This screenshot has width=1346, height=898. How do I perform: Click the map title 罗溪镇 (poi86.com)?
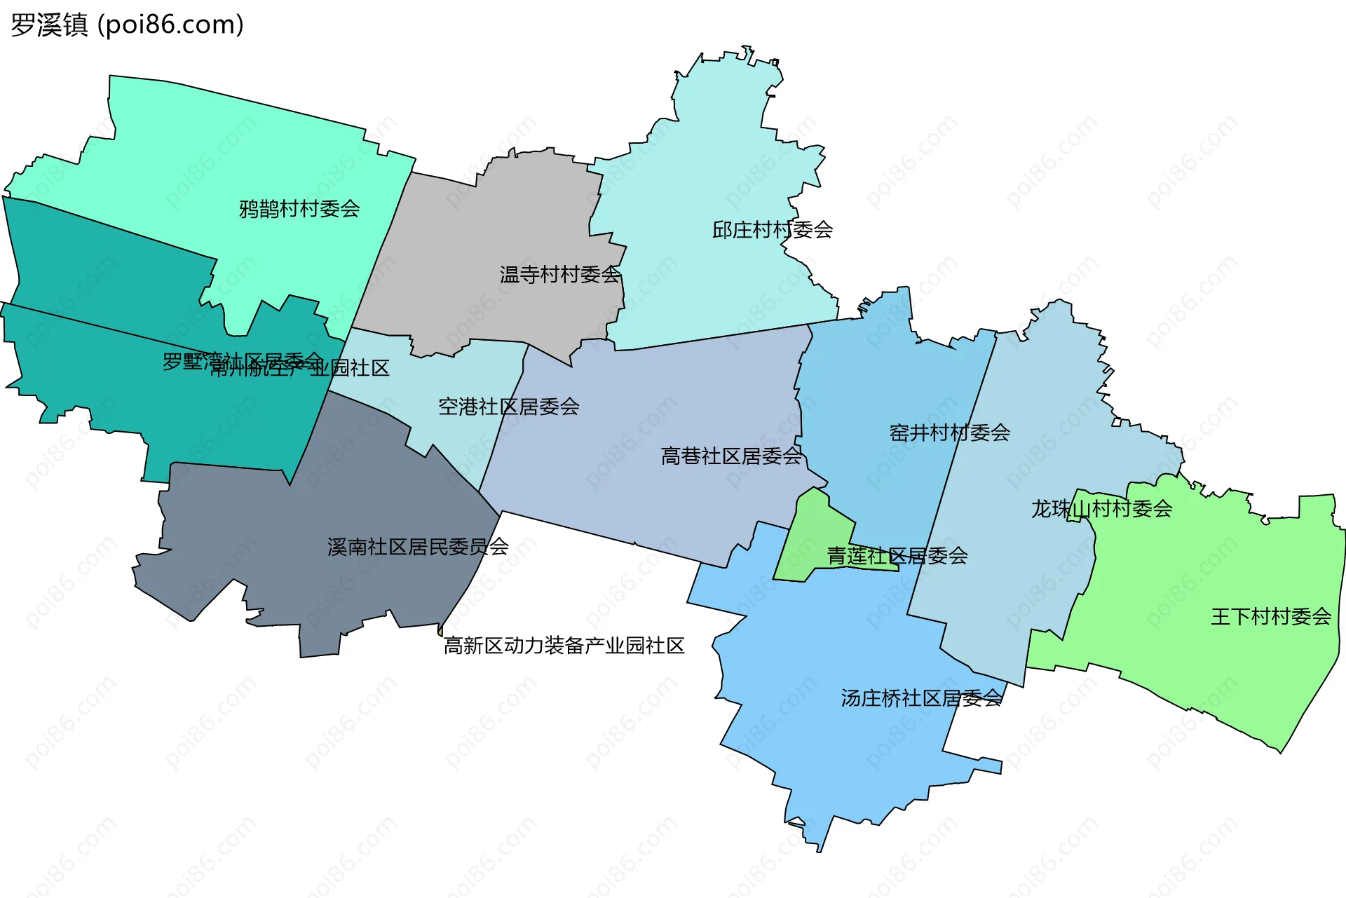point(127,25)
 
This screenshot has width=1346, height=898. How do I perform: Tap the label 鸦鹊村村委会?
point(299,208)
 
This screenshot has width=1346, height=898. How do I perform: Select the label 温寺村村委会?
point(560,274)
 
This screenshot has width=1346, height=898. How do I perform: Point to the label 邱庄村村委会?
point(773,229)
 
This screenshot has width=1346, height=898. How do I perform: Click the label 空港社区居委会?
point(509,407)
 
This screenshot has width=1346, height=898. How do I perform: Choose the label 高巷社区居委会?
point(731,456)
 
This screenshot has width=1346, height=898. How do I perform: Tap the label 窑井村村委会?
point(949,433)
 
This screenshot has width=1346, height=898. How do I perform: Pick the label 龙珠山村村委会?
point(1101,508)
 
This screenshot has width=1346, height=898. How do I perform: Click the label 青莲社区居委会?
point(897,556)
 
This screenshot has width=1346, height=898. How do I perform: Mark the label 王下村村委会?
point(1271,616)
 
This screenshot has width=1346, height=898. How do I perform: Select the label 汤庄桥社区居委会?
point(921,698)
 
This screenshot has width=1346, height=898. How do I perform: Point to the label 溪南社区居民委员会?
point(418,547)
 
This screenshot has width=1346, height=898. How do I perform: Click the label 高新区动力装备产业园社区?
point(564,645)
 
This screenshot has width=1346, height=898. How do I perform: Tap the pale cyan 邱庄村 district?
point(715,161)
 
